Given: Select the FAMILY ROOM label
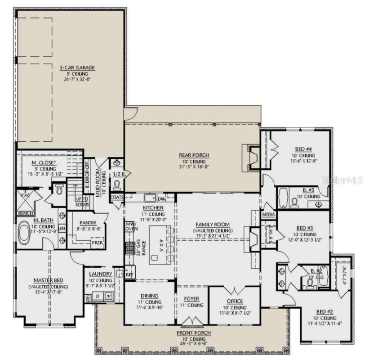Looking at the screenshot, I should click(213, 224).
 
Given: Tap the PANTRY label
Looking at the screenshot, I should click(85, 223).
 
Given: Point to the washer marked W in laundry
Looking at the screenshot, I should click(108, 296).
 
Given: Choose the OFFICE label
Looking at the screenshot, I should click(235, 301).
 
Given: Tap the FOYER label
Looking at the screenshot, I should click(191, 299).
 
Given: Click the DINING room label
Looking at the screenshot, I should click(149, 296).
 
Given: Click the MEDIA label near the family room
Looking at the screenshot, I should click(268, 215).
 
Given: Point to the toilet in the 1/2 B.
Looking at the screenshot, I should click(117, 184).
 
